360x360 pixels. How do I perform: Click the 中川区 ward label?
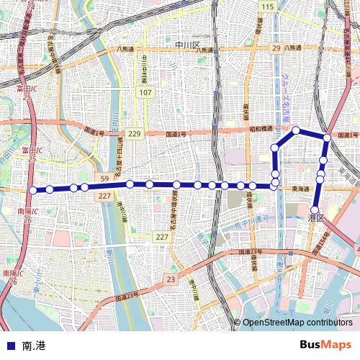click(190, 45)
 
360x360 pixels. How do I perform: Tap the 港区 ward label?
click(316, 217)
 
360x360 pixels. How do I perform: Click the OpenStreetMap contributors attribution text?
click(297, 322)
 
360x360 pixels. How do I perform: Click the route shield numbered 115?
click(269, 6)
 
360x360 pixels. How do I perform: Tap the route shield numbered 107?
click(146, 93)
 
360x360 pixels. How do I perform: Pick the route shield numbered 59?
click(104, 178)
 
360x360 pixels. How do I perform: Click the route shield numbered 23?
click(170, 279)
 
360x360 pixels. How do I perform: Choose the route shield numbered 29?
click(276, 48)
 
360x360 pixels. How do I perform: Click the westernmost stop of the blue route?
click(32, 190)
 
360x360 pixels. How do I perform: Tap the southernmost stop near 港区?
click(314, 210)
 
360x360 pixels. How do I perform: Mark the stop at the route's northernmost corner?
click(296, 130)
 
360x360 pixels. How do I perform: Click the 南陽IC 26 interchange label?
click(12, 277)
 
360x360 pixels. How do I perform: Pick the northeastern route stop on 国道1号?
click(327, 137)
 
